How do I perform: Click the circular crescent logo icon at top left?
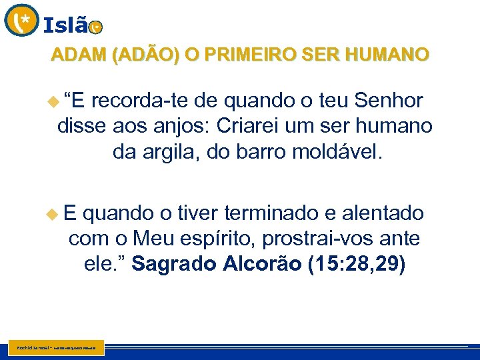coord(21,20)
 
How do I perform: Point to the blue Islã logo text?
coord(65,25)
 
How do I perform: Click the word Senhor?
coord(389,101)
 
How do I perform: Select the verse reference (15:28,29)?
coord(356,264)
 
